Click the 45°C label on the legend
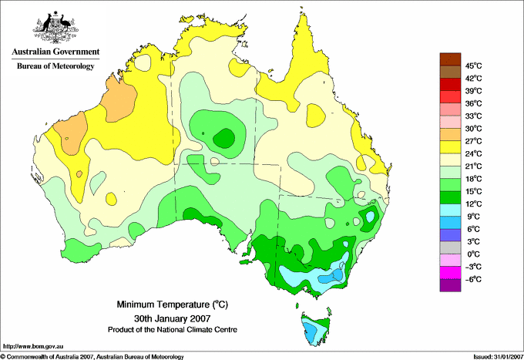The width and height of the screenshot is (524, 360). pyautogui.click(x=474, y=66)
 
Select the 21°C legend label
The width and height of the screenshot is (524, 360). pyautogui.click(x=474, y=167)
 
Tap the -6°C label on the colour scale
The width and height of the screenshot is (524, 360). pyautogui.click(x=473, y=279)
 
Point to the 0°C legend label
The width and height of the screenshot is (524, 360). pyautogui.click(x=474, y=254)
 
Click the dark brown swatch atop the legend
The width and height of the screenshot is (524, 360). pyautogui.click(x=450, y=59)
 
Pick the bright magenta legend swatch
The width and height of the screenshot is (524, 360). pyautogui.click(x=450, y=272)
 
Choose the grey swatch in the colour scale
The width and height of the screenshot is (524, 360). pyautogui.click(x=450, y=247)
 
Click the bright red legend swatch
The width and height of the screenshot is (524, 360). pyautogui.click(x=450, y=97)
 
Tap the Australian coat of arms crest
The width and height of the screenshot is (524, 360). pyautogui.click(x=55, y=27)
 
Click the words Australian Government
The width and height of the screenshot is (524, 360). pyautogui.click(x=55, y=52)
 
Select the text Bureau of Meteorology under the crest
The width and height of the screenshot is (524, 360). pyautogui.click(x=55, y=66)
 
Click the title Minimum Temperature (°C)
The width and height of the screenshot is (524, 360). pyautogui.click(x=172, y=304)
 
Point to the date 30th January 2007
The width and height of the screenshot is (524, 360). pyautogui.click(x=172, y=318)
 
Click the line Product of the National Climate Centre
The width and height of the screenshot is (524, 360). pyautogui.click(x=173, y=330)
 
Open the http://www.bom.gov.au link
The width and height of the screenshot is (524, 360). pyautogui.click(x=33, y=346)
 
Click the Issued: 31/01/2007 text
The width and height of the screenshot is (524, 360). pyautogui.click(x=498, y=357)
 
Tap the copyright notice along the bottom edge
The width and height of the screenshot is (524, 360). pyautogui.click(x=92, y=357)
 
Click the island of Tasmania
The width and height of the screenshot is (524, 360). pyautogui.click(x=315, y=329)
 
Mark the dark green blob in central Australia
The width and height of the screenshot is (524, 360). pyautogui.click(x=224, y=138)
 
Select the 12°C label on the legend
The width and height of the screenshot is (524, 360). pyautogui.click(x=474, y=204)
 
